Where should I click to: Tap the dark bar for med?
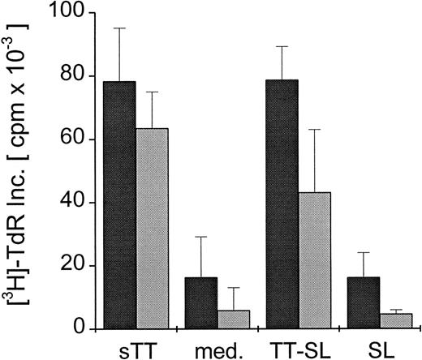pyautogui.click(x=201, y=303)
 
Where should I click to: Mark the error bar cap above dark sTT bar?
pyautogui.click(x=119, y=28)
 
